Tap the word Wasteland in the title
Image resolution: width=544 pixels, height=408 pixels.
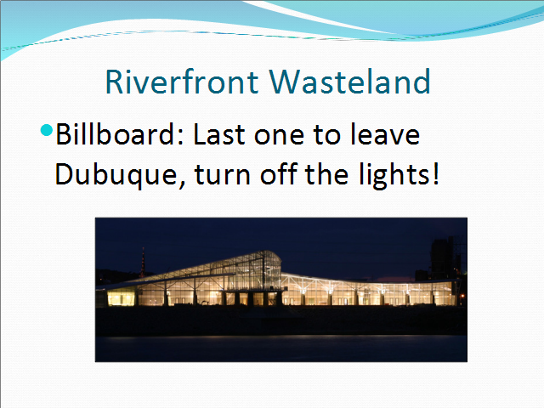[x=350, y=82]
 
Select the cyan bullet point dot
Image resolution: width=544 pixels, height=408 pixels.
[x=47, y=130]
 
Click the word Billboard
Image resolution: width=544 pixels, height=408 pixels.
[x=116, y=134]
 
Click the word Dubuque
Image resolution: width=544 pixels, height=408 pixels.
[x=116, y=174]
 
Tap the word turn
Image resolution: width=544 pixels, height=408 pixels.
[x=223, y=175]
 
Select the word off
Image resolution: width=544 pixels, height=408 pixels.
[x=279, y=173]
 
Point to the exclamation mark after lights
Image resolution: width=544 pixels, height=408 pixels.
[x=436, y=173]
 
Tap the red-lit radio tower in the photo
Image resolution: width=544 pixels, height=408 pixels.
[x=143, y=263]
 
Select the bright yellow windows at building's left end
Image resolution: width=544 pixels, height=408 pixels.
[x=121, y=298]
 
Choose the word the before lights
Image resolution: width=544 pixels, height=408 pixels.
[x=326, y=173]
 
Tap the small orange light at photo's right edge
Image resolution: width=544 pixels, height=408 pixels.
[x=462, y=296]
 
